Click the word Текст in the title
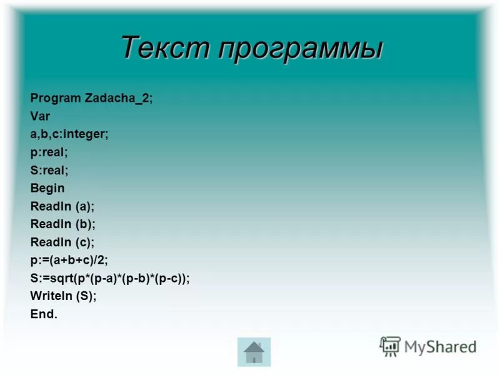coord(163,48)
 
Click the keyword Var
coord(40,116)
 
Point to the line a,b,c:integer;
coord(69,134)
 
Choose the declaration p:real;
coord(49,152)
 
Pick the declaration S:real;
coord(49,170)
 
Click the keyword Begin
coord(47,188)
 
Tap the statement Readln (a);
coord(62,206)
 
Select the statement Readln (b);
coord(62,224)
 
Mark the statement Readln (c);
coord(62,242)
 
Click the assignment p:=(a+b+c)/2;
coord(74,260)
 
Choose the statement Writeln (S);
coord(64,296)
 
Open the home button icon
coord(254,352)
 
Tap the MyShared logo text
coord(440,347)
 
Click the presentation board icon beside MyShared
coord(390,346)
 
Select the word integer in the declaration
coord(87,134)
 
